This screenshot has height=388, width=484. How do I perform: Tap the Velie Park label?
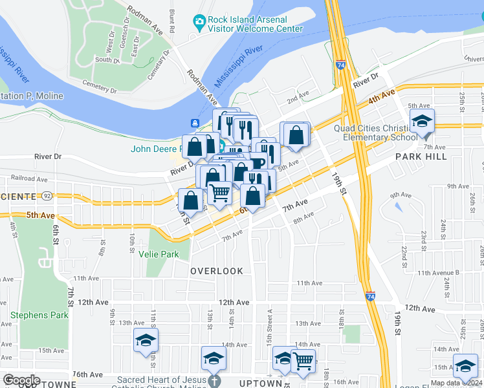click(x=159, y=254)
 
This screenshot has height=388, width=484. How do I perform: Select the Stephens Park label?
click(x=39, y=315)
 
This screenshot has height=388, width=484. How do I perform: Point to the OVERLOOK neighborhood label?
click(x=217, y=271)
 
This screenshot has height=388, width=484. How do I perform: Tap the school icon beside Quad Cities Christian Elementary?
click(x=423, y=122)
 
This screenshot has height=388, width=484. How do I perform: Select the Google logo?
click(x=21, y=380)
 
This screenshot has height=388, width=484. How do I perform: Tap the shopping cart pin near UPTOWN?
click(x=303, y=360)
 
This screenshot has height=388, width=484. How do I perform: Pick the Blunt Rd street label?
click(x=172, y=21)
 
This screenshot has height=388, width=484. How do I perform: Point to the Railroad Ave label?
click(x=29, y=178)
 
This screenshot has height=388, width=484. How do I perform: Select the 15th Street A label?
click(x=270, y=319)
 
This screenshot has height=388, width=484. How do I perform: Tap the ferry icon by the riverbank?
click(x=194, y=123)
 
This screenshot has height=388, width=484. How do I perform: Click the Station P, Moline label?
click(x=32, y=96)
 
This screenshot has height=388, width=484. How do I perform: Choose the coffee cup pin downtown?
click(x=258, y=163)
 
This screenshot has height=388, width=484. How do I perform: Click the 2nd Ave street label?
click(x=298, y=99)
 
